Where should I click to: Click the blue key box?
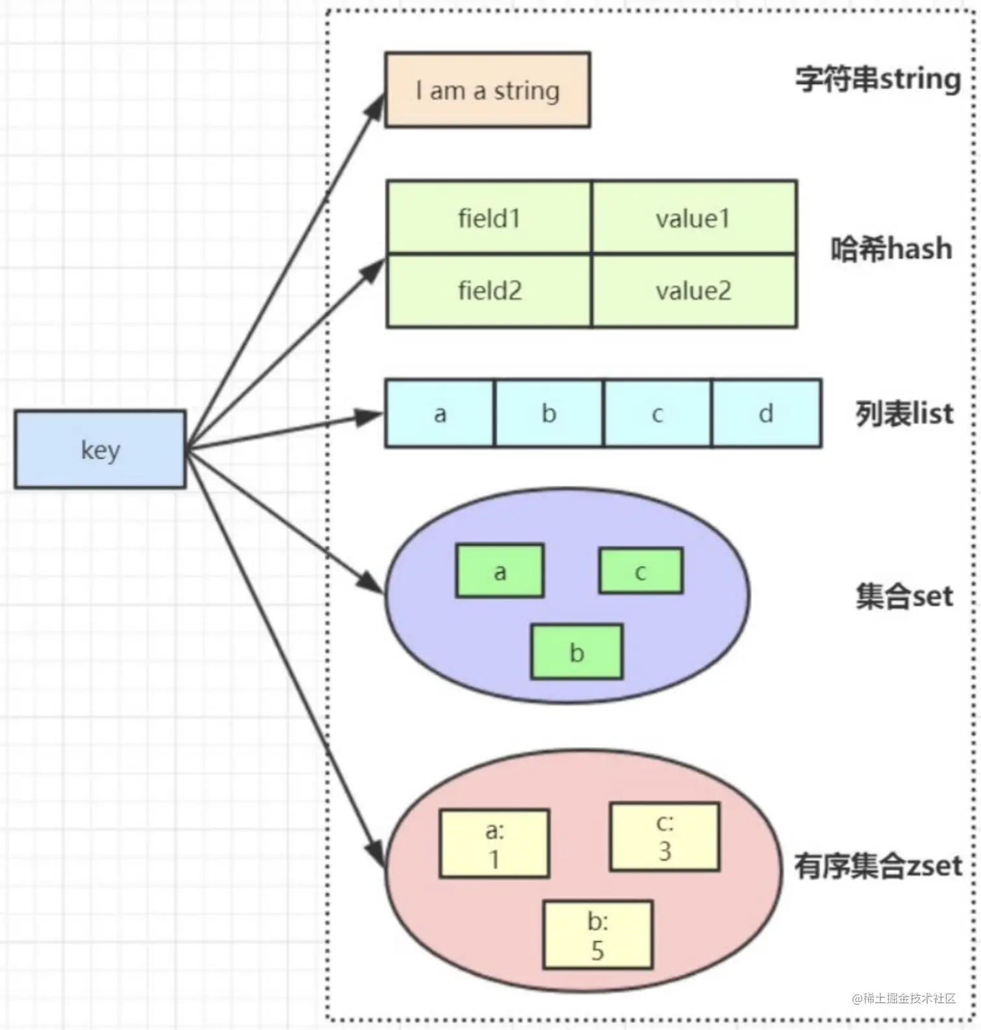point(100,449)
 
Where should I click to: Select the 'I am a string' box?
point(487,90)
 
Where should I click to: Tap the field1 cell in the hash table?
point(489,217)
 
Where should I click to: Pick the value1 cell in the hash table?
point(694,217)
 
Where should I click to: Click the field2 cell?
point(489,291)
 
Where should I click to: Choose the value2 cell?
point(694,291)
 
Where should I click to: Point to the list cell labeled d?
point(767,413)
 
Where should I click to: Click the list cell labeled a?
point(440,413)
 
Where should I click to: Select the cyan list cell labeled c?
point(657,413)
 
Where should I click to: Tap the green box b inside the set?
point(577,652)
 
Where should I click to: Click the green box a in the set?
point(500,570)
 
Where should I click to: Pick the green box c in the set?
point(640,570)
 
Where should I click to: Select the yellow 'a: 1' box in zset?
point(494,843)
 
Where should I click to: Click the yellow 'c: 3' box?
point(664,837)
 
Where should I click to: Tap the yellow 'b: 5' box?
point(598,935)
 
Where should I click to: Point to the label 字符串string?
point(878,79)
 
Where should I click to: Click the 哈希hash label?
point(891,249)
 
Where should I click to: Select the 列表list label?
point(904,413)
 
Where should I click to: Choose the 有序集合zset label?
point(878,866)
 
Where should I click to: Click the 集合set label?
point(904,596)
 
